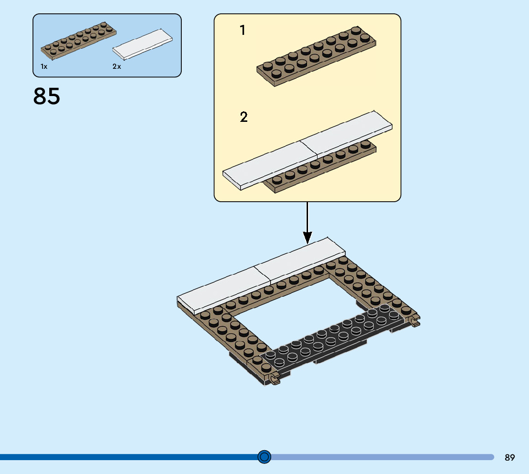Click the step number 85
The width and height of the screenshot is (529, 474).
coord(47,96)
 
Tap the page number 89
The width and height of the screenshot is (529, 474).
coord(509,457)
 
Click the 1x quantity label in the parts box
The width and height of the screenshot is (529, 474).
coord(44,67)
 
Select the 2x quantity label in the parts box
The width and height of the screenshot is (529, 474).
coord(117,67)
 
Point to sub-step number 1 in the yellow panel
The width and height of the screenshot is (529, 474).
coord(242,31)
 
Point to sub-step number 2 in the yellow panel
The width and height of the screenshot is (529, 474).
coord(244,117)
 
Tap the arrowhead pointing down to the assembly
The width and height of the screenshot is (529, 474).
coord(308,237)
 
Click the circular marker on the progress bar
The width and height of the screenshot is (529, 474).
coord(264,457)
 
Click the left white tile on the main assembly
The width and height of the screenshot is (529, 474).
coord(218,289)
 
